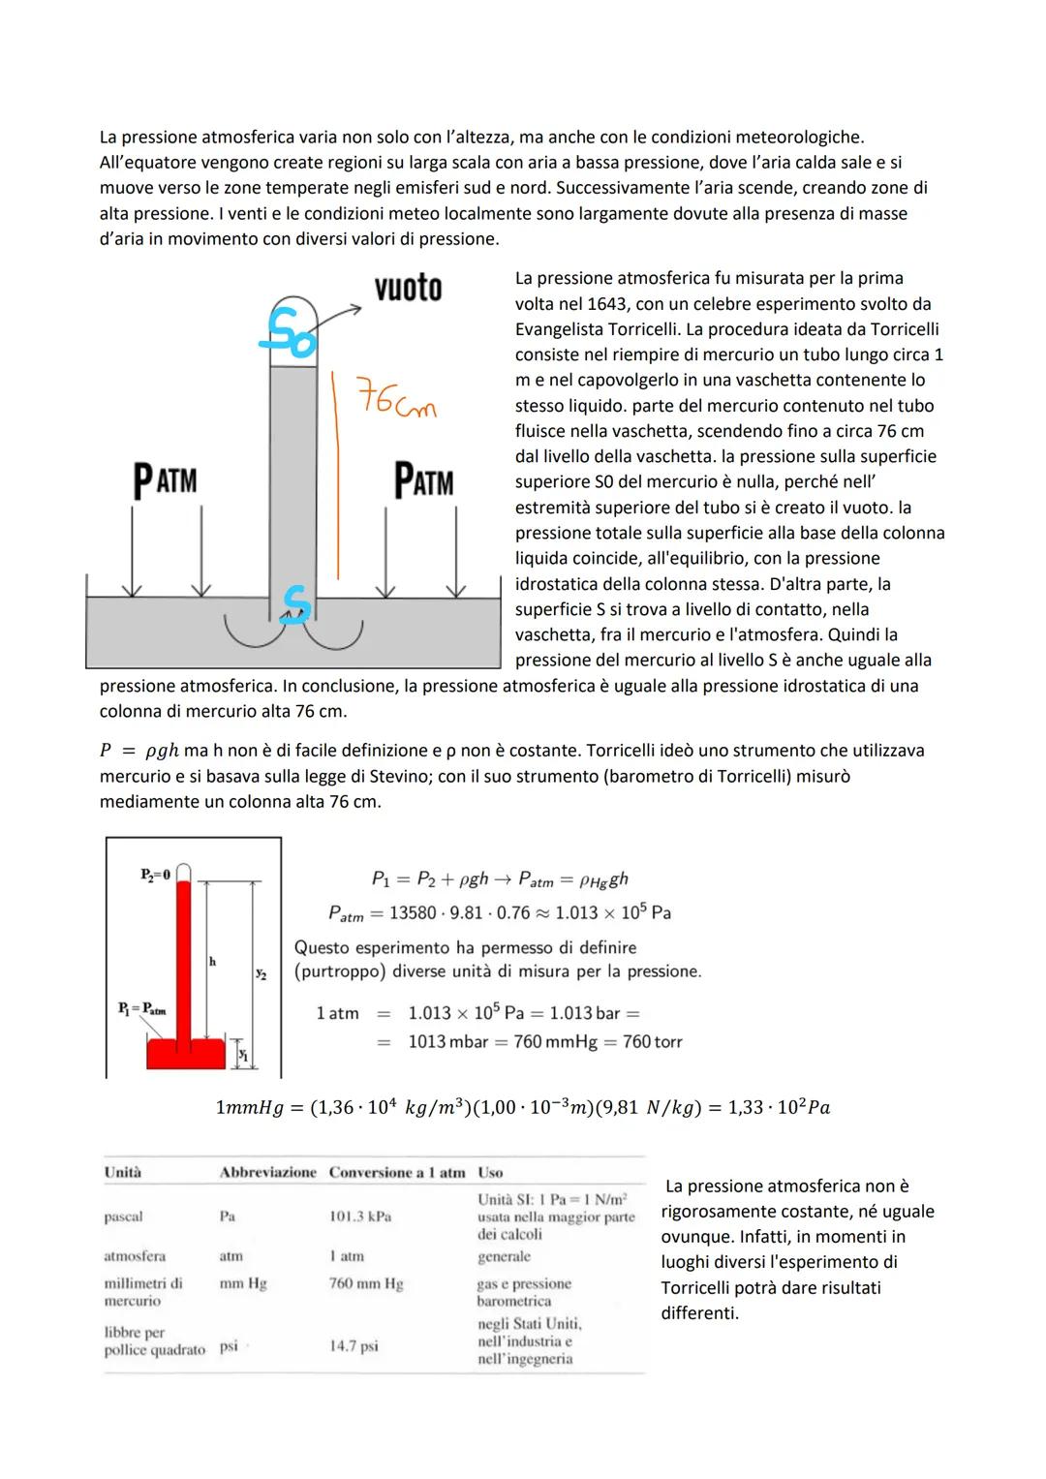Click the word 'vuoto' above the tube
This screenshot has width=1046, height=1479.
click(408, 288)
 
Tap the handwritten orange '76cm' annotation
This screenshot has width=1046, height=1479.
click(396, 400)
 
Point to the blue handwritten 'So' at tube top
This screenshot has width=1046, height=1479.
click(291, 331)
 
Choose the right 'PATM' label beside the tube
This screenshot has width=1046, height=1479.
click(423, 480)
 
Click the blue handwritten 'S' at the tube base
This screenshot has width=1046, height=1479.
click(295, 603)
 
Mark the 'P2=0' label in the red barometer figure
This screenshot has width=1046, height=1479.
click(155, 875)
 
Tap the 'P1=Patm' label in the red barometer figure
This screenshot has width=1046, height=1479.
click(142, 1007)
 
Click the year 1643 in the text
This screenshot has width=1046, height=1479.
click(607, 304)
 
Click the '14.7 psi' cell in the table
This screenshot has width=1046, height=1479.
click(354, 1346)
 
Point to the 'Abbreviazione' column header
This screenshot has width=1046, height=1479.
click(268, 1172)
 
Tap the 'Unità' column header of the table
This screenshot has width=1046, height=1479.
click(123, 1172)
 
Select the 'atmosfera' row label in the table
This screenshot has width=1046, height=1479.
click(135, 1256)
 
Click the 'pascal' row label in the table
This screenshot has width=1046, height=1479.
click(123, 1217)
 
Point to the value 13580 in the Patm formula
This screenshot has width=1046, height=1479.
click(415, 913)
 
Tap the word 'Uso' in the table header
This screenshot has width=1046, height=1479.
click(490, 1172)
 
